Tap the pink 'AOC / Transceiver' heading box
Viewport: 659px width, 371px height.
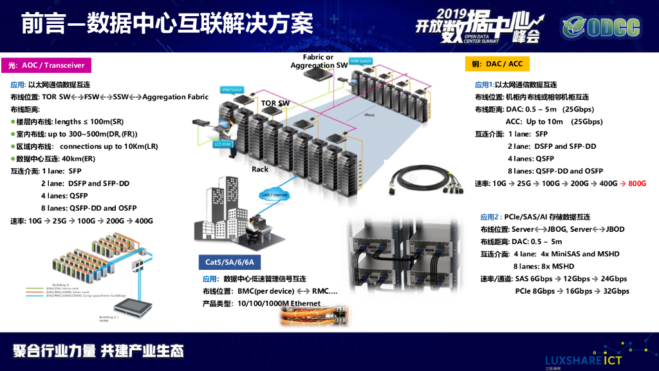[x=46, y=65]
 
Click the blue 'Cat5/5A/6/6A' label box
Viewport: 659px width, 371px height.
[x=230, y=262]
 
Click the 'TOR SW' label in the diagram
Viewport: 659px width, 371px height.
[x=275, y=103]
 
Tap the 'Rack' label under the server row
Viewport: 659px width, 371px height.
[x=260, y=169]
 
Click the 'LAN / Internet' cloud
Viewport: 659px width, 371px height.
[x=274, y=195]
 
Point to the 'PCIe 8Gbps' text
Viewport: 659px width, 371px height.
[x=535, y=291]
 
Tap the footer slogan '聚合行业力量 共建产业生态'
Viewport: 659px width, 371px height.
[x=98, y=351]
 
